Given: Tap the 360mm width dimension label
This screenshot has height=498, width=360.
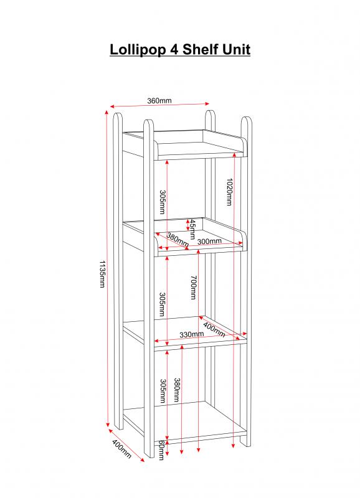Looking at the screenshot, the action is pyautogui.click(x=159, y=101).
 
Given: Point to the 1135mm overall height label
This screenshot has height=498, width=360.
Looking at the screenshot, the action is pyautogui.click(x=102, y=274).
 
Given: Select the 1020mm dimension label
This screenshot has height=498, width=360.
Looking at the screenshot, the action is pyautogui.click(x=229, y=192).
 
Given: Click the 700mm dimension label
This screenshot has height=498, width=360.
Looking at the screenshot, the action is pyautogui.click(x=194, y=288).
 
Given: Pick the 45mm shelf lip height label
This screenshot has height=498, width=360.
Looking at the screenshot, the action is pyautogui.click(x=192, y=229).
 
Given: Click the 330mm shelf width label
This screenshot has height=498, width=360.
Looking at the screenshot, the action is pyautogui.click(x=192, y=334).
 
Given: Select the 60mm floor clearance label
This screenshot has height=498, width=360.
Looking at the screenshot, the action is pyautogui.click(x=161, y=450).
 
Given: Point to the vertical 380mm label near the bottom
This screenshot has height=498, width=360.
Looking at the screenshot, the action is pyautogui.click(x=177, y=390).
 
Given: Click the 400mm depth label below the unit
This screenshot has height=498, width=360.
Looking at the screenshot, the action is pyautogui.click(x=121, y=449).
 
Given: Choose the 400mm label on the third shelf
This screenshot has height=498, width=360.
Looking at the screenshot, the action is pyautogui.click(x=214, y=330).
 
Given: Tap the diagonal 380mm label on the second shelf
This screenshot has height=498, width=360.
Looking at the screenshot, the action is pyautogui.click(x=178, y=240).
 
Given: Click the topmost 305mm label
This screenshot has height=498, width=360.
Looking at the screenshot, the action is pyautogui.click(x=162, y=202).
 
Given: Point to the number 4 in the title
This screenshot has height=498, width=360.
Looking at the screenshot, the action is pyautogui.click(x=175, y=50).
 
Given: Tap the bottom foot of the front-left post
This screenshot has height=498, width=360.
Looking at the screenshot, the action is pyautogui.click(x=149, y=455).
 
